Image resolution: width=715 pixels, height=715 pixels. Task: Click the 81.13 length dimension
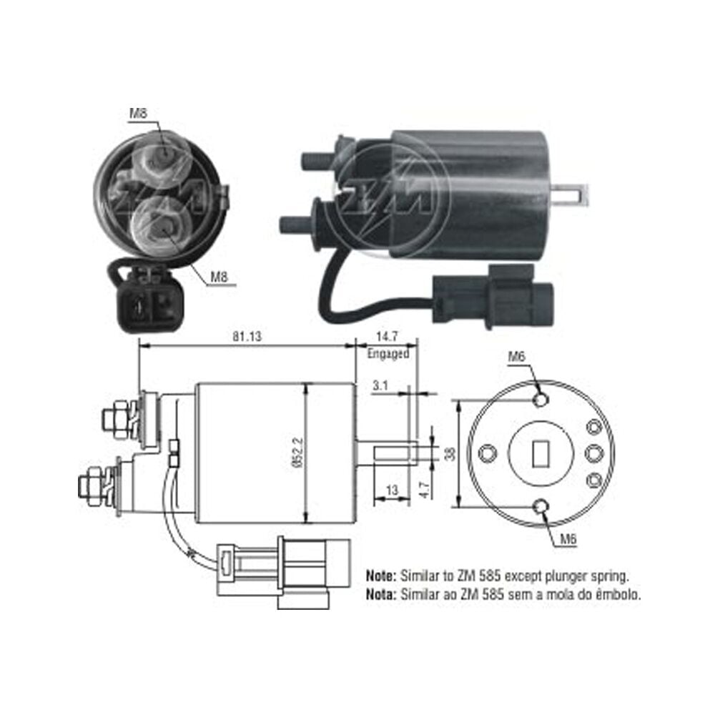coord(247,337)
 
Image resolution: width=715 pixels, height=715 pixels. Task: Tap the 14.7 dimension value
coord(387,337)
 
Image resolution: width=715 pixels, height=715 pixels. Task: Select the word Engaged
coord(388,353)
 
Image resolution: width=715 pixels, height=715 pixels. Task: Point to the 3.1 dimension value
coord(380,386)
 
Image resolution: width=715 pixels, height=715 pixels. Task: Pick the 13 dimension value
coord(392,490)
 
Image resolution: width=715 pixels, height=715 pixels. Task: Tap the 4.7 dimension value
coord(425,489)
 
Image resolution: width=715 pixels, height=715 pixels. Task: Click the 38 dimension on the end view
coord(450,453)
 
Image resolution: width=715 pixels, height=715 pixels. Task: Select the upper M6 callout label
coord(517,357)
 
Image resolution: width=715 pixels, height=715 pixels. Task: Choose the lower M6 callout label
coord(568,539)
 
